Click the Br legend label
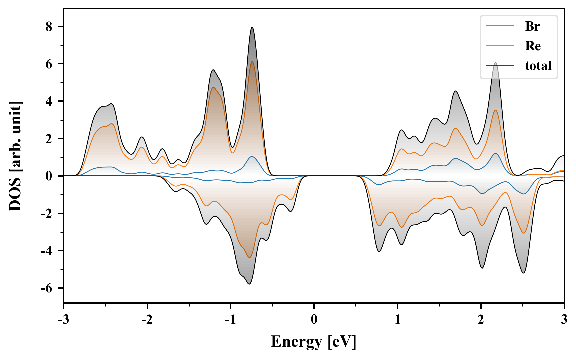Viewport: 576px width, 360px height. pyautogui.click(x=532, y=26)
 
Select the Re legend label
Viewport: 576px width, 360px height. pyautogui.click(x=533, y=46)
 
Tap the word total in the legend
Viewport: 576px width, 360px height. pyautogui.click(x=538, y=66)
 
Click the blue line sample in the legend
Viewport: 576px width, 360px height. pyautogui.click(x=500, y=26)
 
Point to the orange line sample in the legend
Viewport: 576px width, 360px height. pyautogui.click(x=500, y=46)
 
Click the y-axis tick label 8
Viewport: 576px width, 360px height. pyautogui.click(x=49, y=27)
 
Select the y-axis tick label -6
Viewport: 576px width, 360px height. pyautogui.click(x=47, y=288)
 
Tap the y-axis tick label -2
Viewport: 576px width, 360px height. pyautogui.click(x=47, y=214)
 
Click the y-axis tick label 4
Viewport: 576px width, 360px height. pyautogui.click(x=49, y=101)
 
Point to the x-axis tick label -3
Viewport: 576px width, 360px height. pyautogui.click(x=63, y=320)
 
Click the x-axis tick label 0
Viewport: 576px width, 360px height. pyautogui.click(x=314, y=320)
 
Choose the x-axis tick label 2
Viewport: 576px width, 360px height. pyautogui.click(x=481, y=320)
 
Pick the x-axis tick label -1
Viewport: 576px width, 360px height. pyautogui.click(x=230, y=320)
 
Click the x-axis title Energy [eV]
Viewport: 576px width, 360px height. pyautogui.click(x=314, y=342)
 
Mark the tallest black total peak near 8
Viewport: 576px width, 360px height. pyautogui.click(x=252, y=27)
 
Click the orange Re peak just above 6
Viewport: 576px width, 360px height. pyautogui.click(x=252, y=62)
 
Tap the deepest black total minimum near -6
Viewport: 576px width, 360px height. pyautogui.click(x=249, y=284)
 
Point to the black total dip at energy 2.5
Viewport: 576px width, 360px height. pyautogui.click(x=523, y=273)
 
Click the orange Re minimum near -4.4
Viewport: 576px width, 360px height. pyautogui.click(x=249, y=257)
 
